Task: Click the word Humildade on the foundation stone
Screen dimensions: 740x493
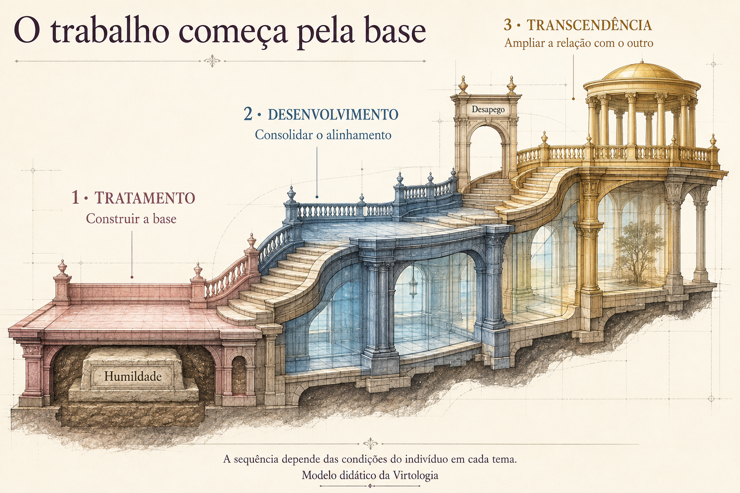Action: click(133, 376)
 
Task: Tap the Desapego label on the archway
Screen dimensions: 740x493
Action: click(488, 110)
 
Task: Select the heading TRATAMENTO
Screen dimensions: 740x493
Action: click(145, 198)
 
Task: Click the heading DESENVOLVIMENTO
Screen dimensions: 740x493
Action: click(333, 115)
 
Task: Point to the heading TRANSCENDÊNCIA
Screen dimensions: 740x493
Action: click(589, 26)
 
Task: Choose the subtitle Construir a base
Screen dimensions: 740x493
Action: click(131, 219)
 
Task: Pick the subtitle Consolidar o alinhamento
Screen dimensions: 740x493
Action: click(323, 135)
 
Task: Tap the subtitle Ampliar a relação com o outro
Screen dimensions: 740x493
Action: click(579, 43)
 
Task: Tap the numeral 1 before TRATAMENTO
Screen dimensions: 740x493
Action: click(75, 198)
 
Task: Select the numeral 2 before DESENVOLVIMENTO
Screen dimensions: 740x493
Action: click(248, 114)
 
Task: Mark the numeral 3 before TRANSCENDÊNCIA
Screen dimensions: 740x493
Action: click(508, 25)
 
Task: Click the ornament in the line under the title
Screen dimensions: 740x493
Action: click(212, 61)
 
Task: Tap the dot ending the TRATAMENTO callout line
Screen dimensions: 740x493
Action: click(132, 277)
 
